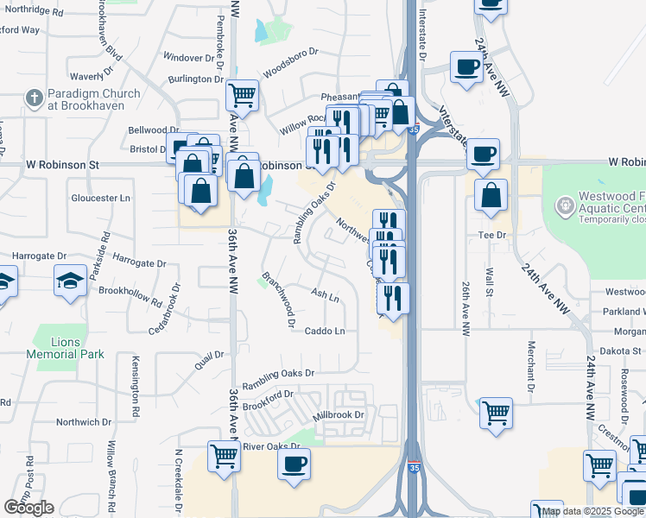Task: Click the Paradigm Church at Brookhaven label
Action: tap(86, 100)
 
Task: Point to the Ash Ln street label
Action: tap(325, 295)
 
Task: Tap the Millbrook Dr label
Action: tap(339, 414)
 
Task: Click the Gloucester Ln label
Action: tap(100, 198)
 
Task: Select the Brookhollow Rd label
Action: tap(130, 297)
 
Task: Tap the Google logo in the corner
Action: tap(28, 508)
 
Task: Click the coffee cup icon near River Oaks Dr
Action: tap(294, 464)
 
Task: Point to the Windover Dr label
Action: tap(188, 58)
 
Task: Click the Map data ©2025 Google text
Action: tap(592, 511)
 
